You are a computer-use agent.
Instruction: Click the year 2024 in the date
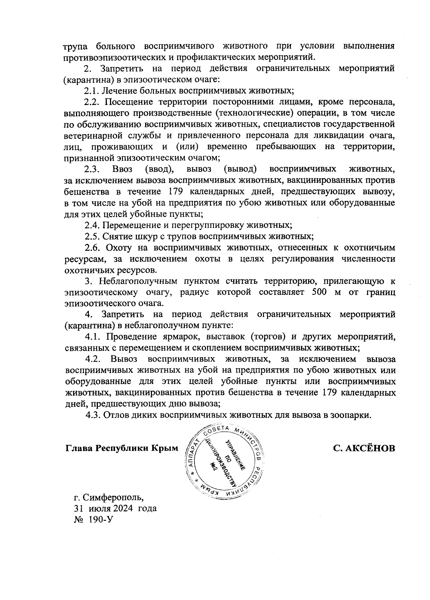[x=122, y=509]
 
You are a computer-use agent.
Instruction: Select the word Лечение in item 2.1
[x=119, y=91]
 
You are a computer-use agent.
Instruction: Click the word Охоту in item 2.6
[x=119, y=248]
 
